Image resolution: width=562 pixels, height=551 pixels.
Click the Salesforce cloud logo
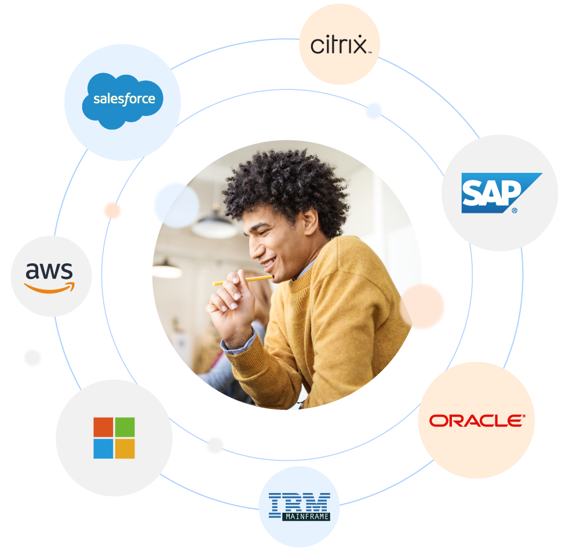point(122,100)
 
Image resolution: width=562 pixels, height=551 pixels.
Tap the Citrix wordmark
point(338,45)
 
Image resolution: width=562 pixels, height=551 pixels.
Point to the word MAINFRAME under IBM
point(306,516)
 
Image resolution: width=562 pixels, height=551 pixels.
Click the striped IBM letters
point(300,502)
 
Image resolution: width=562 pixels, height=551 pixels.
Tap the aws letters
point(50,270)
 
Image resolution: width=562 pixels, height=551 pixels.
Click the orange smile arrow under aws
point(50,288)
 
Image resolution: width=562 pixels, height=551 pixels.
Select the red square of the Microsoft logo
point(103,427)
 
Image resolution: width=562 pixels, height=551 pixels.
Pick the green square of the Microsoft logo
point(125,427)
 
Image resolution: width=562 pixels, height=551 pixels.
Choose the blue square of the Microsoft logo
point(103,448)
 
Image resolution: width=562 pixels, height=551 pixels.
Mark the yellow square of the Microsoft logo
point(125,448)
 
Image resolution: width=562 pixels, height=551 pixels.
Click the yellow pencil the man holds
point(243,281)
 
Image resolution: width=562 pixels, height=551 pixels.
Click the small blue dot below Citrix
point(374,111)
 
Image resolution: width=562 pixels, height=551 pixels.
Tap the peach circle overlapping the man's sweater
point(425,306)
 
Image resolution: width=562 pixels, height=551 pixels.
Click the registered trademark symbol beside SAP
point(514,211)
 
